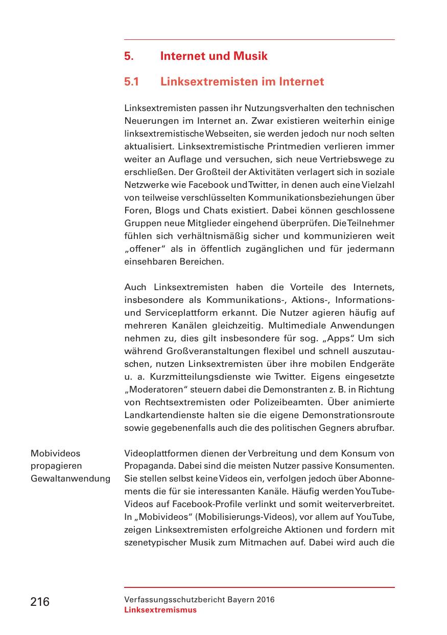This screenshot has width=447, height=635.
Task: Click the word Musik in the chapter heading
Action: click(249, 56)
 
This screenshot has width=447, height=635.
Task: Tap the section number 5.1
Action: click(132, 82)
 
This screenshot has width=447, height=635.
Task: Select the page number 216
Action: click(40, 602)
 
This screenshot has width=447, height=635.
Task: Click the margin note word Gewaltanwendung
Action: click(70, 479)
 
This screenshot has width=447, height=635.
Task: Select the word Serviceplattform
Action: click(178, 313)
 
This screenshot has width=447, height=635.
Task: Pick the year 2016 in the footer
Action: click(266, 600)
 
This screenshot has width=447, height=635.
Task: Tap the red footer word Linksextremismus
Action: click(160, 610)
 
